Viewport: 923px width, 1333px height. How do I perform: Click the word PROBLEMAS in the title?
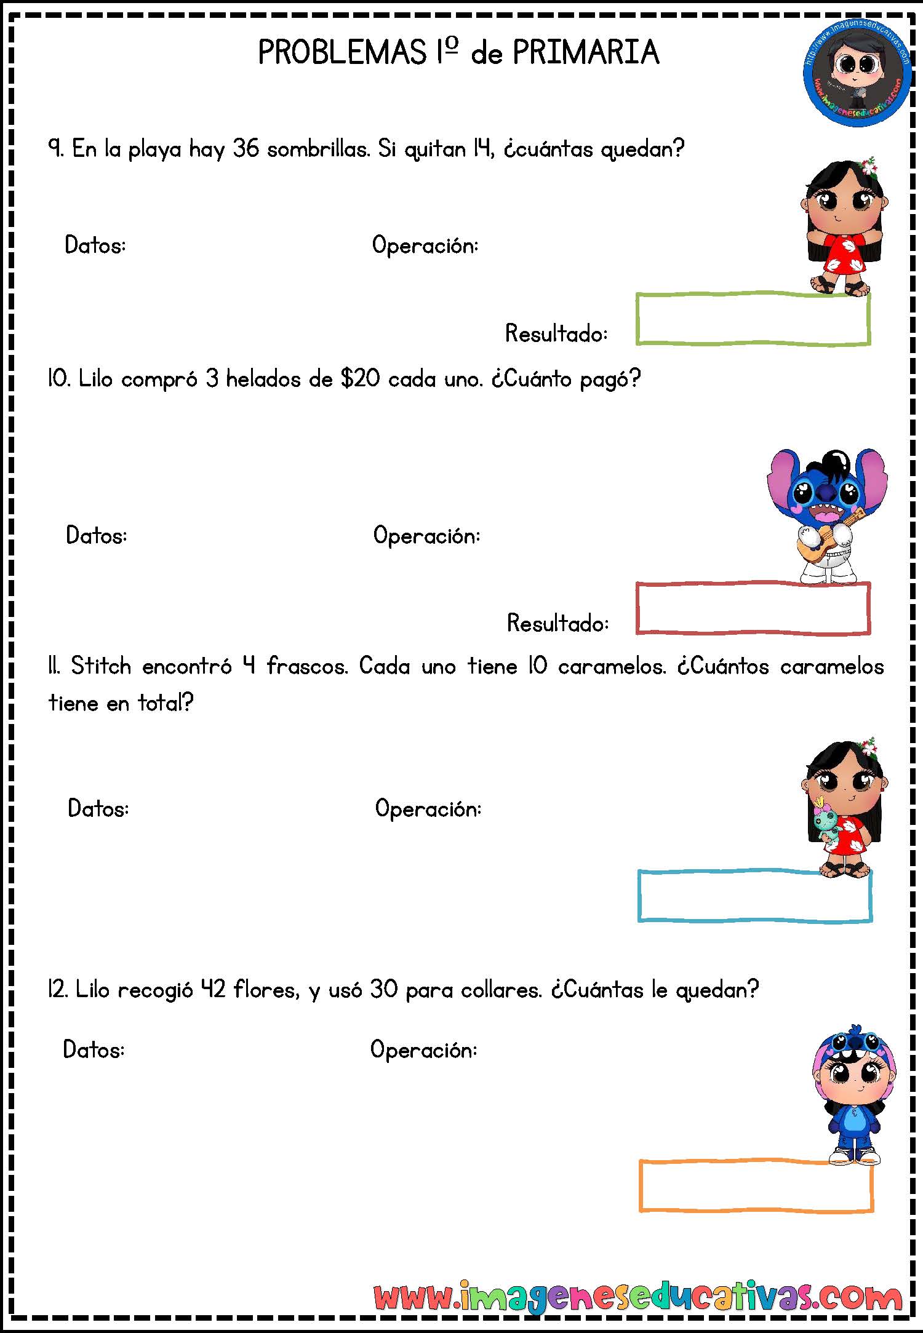(x=342, y=52)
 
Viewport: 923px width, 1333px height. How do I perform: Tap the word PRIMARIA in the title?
(x=586, y=52)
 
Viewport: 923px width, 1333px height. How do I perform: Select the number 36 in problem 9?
(x=246, y=149)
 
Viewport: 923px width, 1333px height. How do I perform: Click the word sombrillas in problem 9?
(x=318, y=149)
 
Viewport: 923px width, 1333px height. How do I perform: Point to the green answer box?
(x=753, y=295)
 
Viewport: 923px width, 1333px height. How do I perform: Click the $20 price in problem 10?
(x=361, y=379)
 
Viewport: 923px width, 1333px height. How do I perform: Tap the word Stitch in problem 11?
(x=101, y=666)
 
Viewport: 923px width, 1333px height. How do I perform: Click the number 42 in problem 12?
(x=214, y=990)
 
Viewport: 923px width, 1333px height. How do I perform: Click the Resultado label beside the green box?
(x=556, y=333)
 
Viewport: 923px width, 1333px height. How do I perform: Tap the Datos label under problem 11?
(x=98, y=808)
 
